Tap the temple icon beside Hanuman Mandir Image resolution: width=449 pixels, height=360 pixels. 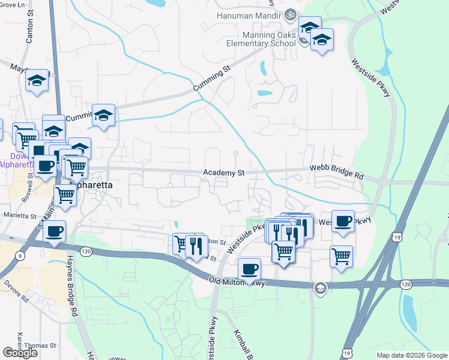[290, 13]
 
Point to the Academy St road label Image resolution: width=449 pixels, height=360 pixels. [224, 173]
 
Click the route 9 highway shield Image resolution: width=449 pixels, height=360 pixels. [21, 257]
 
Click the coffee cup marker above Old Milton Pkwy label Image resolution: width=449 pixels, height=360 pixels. [249, 268]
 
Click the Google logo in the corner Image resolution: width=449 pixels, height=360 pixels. [20, 353]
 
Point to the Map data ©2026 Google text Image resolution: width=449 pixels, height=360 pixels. [412, 355]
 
